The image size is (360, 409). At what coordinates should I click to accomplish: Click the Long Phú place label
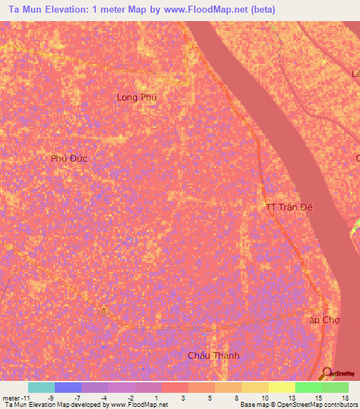coord(136,98)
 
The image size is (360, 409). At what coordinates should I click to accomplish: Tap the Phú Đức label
coord(68,158)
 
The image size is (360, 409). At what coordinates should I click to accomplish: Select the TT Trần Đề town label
coord(288,207)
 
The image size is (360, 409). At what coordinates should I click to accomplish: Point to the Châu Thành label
coord(213,355)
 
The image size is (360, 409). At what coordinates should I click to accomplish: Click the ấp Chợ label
coord(324,319)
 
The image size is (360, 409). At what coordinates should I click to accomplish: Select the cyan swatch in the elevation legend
coord(41,387)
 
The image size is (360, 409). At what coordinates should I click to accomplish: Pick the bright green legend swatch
coord(309,387)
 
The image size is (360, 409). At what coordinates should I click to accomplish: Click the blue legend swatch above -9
coord(68,387)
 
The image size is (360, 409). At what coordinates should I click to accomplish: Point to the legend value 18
coord(345,397)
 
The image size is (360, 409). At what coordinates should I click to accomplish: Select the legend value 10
coord(264,397)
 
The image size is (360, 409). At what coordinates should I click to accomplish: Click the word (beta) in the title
coord(261,10)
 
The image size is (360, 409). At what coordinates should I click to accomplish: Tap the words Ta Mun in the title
coord(26,10)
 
